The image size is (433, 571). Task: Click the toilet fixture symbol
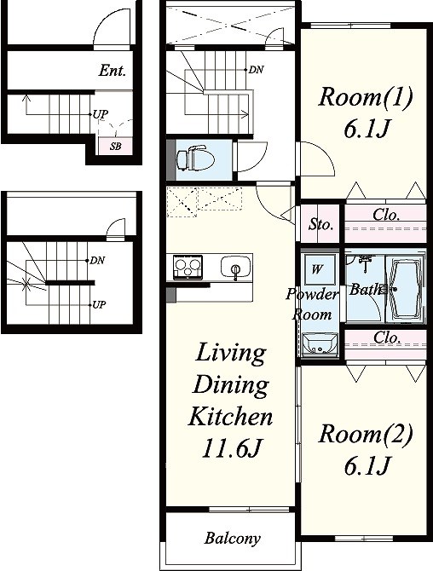(195, 159)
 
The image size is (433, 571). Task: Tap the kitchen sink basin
(236, 267)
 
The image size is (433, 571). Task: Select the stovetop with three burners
(188, 267)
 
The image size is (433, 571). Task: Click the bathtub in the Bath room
(404, 289)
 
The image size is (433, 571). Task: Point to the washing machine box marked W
(316, 269)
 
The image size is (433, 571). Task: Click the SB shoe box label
(115, 147)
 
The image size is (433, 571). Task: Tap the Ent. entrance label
(113, 70)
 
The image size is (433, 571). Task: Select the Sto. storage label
(320, 224)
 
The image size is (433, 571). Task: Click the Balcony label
(233, 538)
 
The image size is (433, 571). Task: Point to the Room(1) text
(366, 97)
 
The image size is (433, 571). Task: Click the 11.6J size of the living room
(232, 448)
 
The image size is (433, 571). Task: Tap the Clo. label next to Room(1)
(386, 215)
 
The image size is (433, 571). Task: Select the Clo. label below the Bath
(387, 337)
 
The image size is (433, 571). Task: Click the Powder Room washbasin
(320, 344)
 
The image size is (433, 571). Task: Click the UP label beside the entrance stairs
(100, 114)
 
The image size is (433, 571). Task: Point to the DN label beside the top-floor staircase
(256, 70)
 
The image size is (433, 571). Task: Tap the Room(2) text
(366, 434)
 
